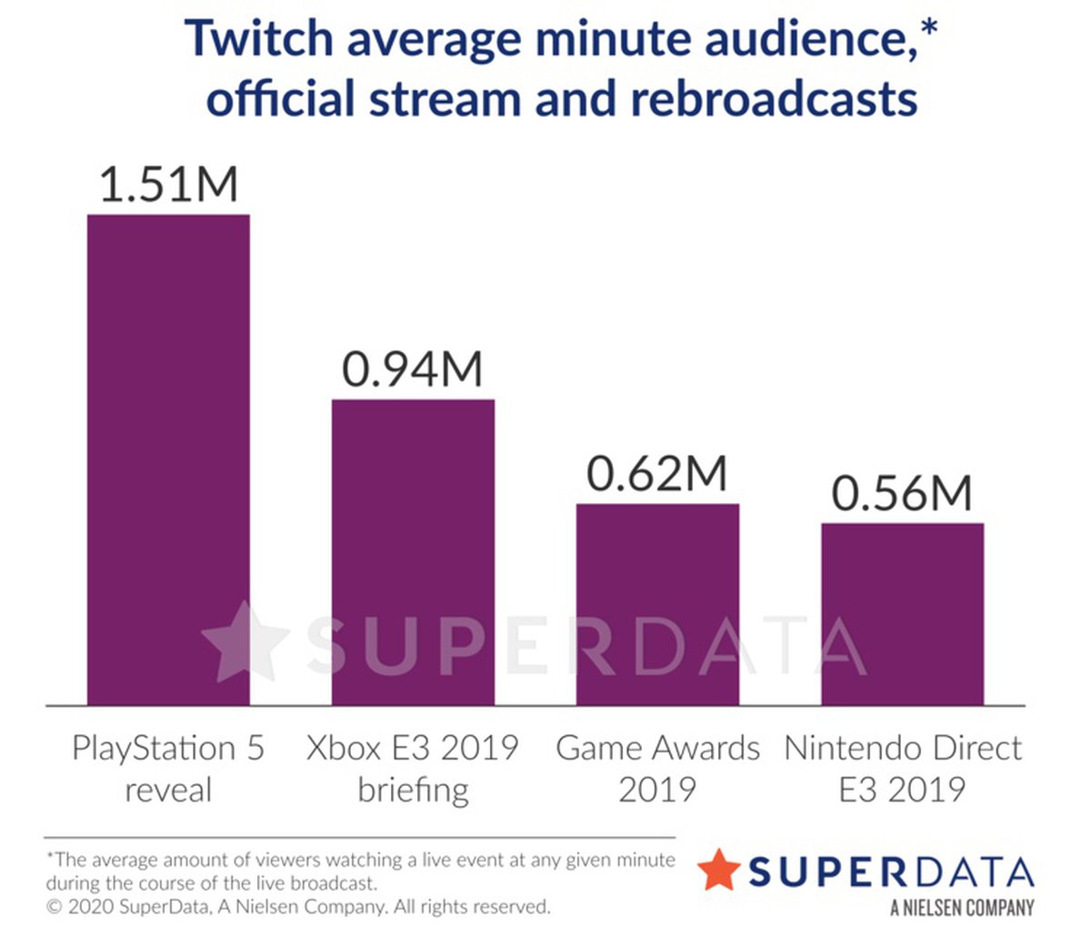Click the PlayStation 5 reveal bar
(x=168, y=459)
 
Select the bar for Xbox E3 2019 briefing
(x=413, y=551)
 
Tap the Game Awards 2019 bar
(x=657, y=604)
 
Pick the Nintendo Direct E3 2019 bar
(x=902, y=614)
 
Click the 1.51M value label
(x=168, y=184)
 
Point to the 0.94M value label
(x=413, y=369)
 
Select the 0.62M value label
(x=657, y=474)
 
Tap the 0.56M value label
(x=902, y=494)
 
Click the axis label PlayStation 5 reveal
(x=168, y=768)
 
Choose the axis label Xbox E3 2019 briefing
(x=413, y=768)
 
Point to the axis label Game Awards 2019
(x=657, y=768)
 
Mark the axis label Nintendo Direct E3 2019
(x=902, y=768)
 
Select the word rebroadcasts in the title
(x=774, y=98)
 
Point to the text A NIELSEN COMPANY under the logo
(x=962, y=907)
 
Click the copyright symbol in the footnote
(x=53, y=907)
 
